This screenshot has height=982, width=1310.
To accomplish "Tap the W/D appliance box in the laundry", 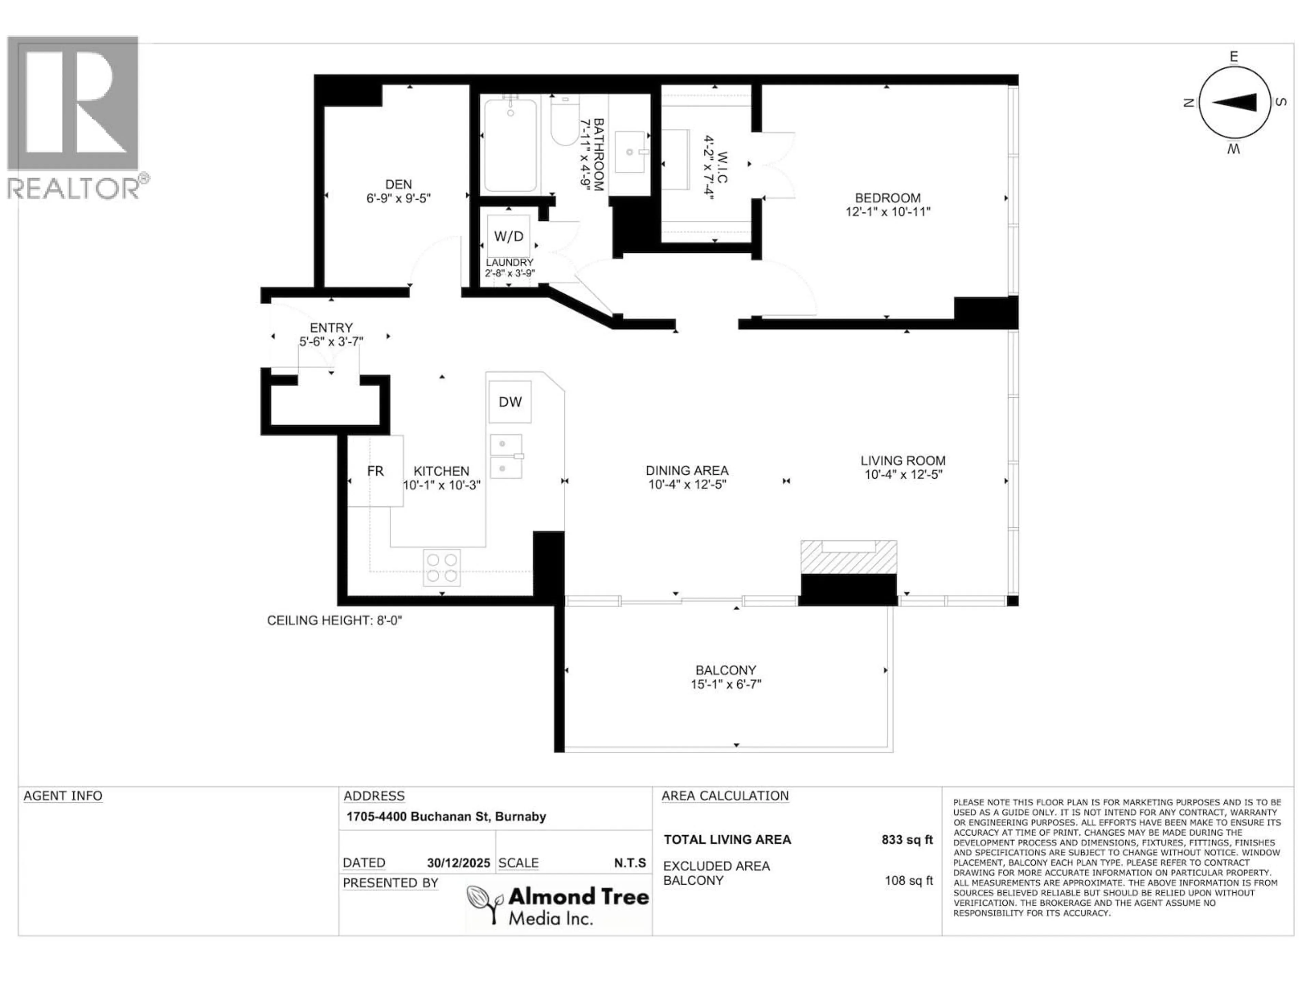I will coord(508,236).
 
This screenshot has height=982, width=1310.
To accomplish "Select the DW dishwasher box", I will coord(510,402).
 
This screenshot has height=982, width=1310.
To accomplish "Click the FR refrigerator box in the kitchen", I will coord(375,471).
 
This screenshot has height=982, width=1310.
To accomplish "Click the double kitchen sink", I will coord(506,456).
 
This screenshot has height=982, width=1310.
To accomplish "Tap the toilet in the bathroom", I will coord(564,121).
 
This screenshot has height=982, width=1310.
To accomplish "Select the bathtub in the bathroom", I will coord(510,145).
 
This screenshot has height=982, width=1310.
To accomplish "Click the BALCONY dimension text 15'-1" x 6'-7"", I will coord(726,684).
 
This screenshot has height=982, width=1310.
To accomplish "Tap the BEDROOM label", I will coord(887,198).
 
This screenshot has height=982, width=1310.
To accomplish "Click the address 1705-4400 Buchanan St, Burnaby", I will coord(446,816).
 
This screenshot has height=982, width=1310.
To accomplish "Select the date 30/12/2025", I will coord(458,863).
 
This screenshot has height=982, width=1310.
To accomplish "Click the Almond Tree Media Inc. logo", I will coord(557,905).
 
